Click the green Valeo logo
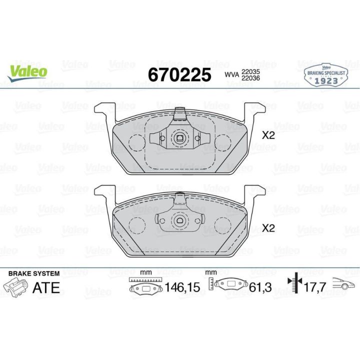coord(27,73)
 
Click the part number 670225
coord(179,75)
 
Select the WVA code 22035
coord(250,71)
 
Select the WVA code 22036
coord(250,78)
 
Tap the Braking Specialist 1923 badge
coord(326,75)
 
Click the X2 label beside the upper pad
coord(268,135)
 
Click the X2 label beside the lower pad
coord(268,228)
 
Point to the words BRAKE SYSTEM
coord(34,273)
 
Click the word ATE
coord(46,287)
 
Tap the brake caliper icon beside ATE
coord(15,287)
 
